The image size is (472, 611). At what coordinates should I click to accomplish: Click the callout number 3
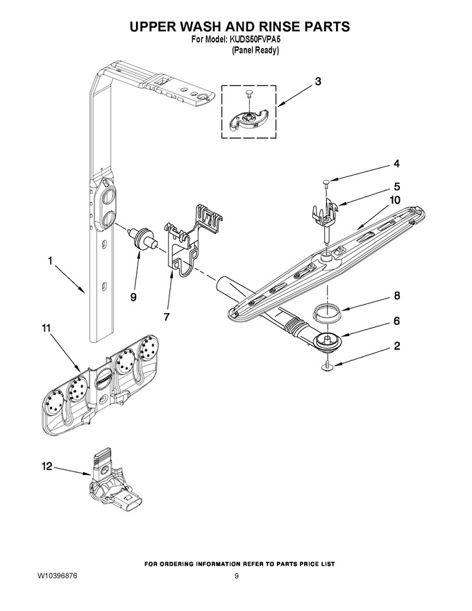click(x=318, y=82)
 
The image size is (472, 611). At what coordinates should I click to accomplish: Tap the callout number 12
click(x=47, y=467)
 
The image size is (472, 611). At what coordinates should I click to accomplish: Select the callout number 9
click(x=133, y=297)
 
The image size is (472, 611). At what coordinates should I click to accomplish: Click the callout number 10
click(x=394, y=200)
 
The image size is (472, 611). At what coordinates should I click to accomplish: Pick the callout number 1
click(x=50, y=260)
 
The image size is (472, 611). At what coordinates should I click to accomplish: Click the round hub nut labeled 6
click(x=327, y=341)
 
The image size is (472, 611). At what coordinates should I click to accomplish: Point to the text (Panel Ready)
click(x=255, y=50)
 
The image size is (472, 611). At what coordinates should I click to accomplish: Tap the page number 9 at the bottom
click(x=237, y=576)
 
